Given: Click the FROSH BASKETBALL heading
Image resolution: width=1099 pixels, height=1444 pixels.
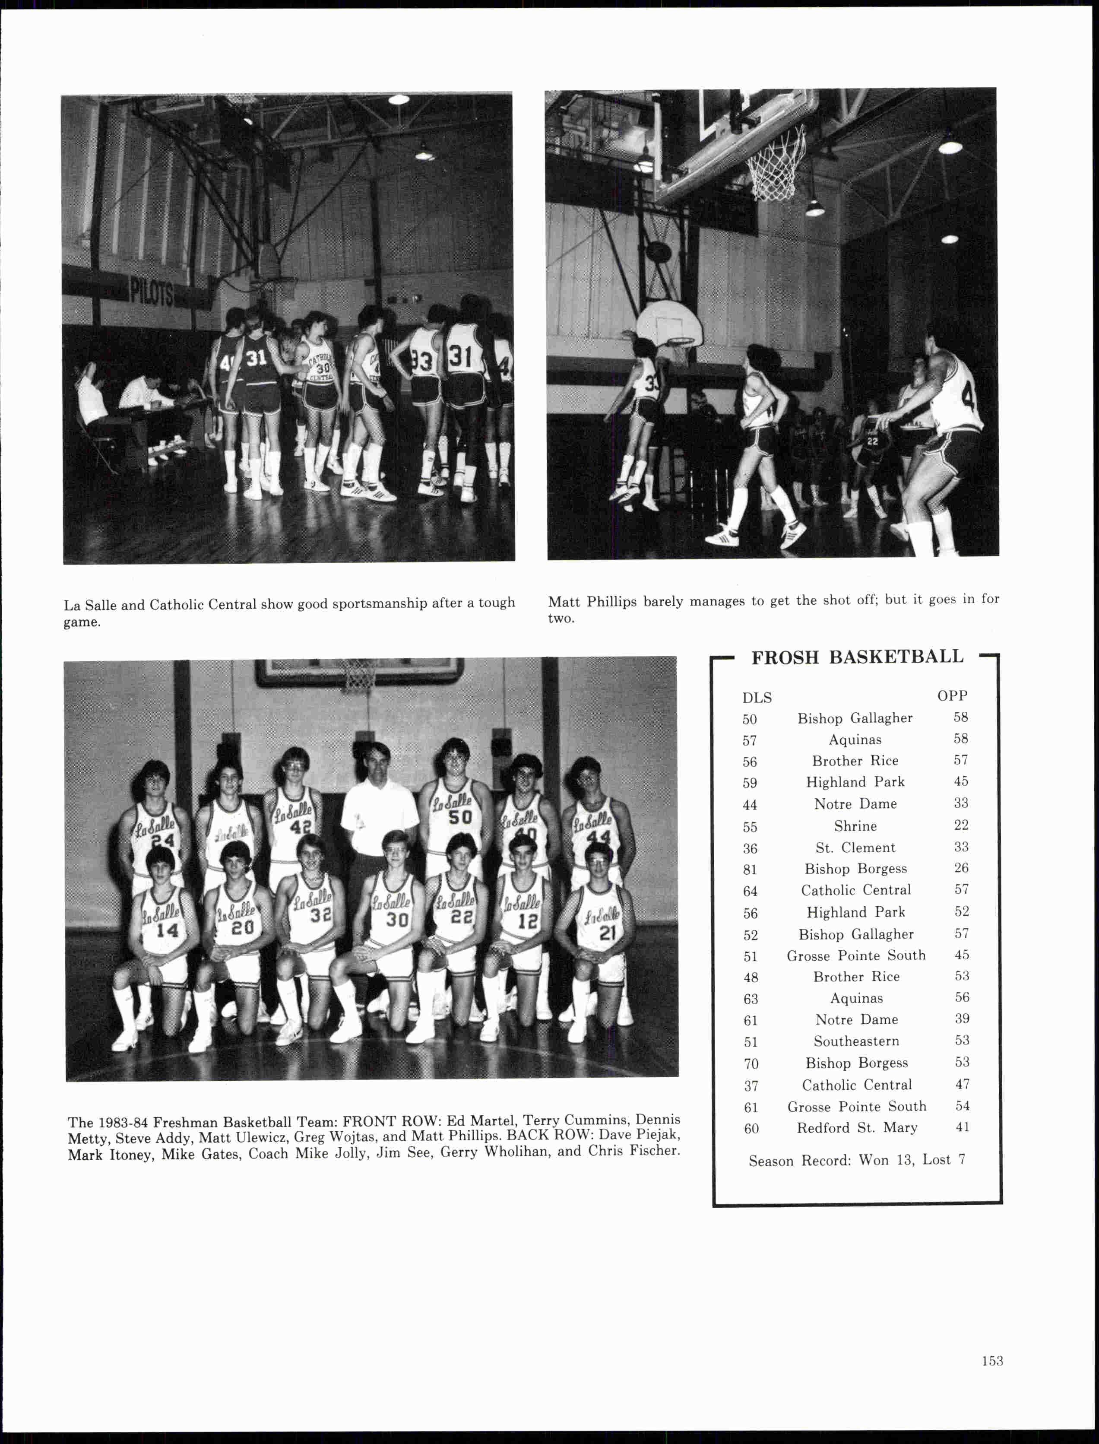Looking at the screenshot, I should click(857, 657).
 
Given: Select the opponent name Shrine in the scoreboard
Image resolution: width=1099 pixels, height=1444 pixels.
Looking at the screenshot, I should click(855, 826).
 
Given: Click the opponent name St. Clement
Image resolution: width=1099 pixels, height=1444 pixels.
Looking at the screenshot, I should click(855, 847).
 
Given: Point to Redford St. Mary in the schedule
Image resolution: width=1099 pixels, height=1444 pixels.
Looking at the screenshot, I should click(857, 1127).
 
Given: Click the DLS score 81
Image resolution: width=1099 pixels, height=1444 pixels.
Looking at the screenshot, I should click(750, 870).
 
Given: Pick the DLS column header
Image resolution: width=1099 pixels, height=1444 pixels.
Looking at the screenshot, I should click(757, 698).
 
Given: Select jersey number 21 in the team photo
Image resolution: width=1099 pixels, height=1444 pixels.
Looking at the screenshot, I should click(608, 932).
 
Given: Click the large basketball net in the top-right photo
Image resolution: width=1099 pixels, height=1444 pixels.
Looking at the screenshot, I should click(775, 164).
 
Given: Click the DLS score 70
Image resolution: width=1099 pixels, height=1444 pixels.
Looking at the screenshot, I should click(751, 1063).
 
